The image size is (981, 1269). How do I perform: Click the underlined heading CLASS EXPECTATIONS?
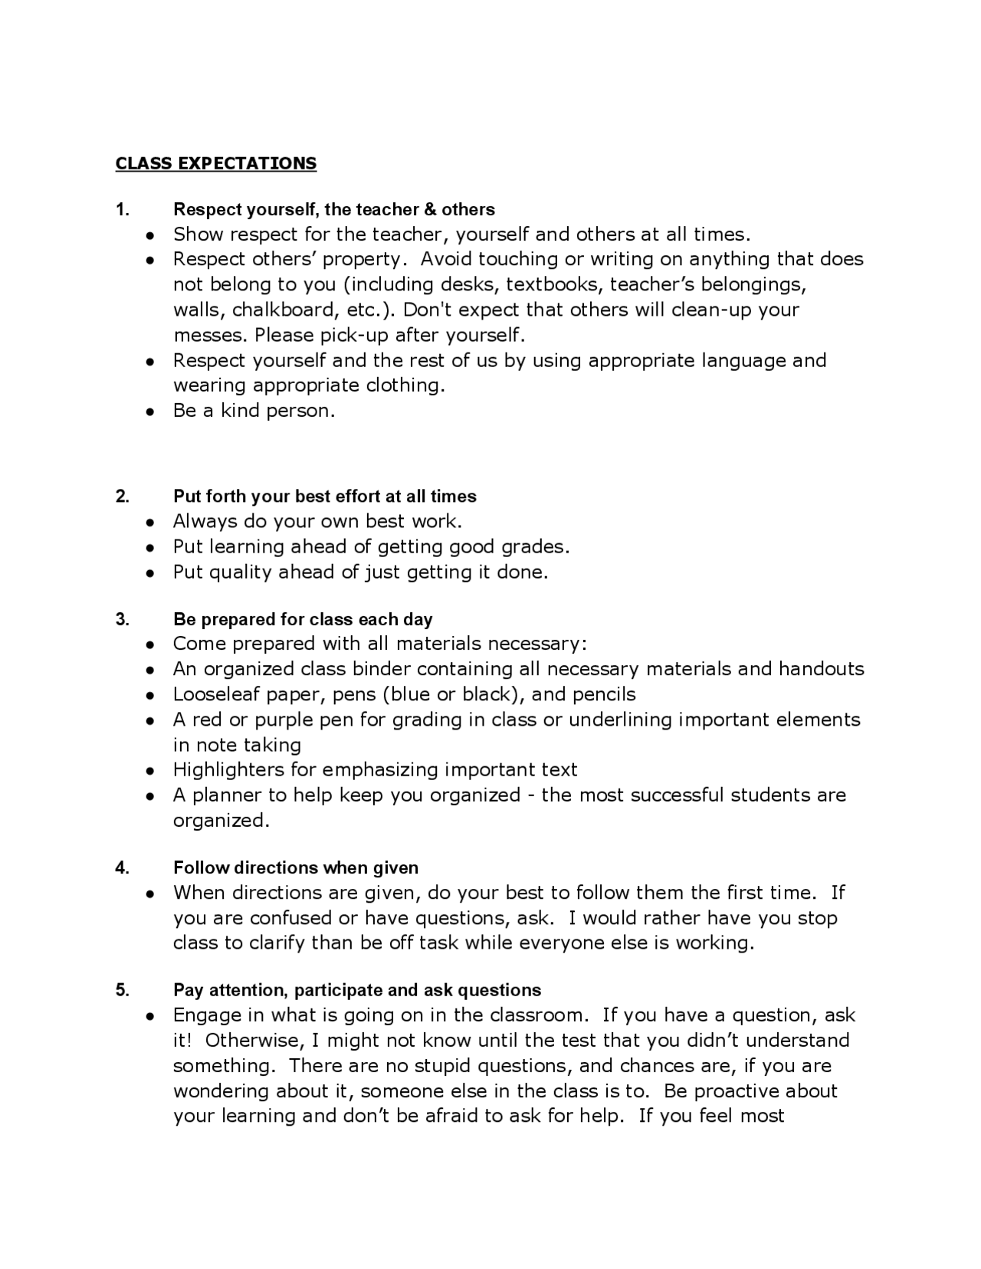[215, 163]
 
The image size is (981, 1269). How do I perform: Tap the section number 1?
[122, 209]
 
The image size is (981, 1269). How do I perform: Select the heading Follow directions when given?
[295, 867]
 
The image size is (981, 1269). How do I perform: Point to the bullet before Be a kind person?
[153, 412]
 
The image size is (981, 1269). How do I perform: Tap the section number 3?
[122, 619]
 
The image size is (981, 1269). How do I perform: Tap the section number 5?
[122, 990]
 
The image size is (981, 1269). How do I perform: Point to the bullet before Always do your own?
[153, 523]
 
